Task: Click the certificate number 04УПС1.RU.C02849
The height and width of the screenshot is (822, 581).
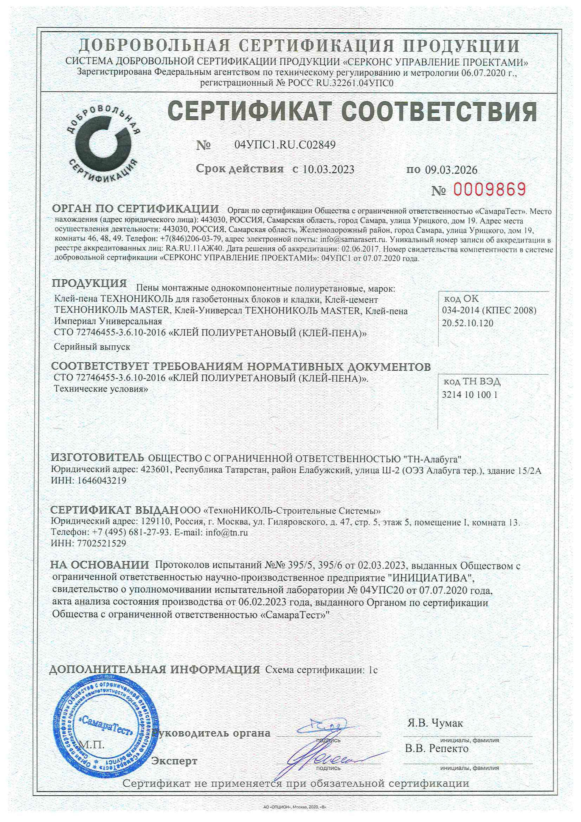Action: [x=285, y=145]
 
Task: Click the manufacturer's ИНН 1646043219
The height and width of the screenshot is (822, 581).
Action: [x=102, y=480]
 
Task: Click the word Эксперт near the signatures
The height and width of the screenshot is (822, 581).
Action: [x=174, y=761]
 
